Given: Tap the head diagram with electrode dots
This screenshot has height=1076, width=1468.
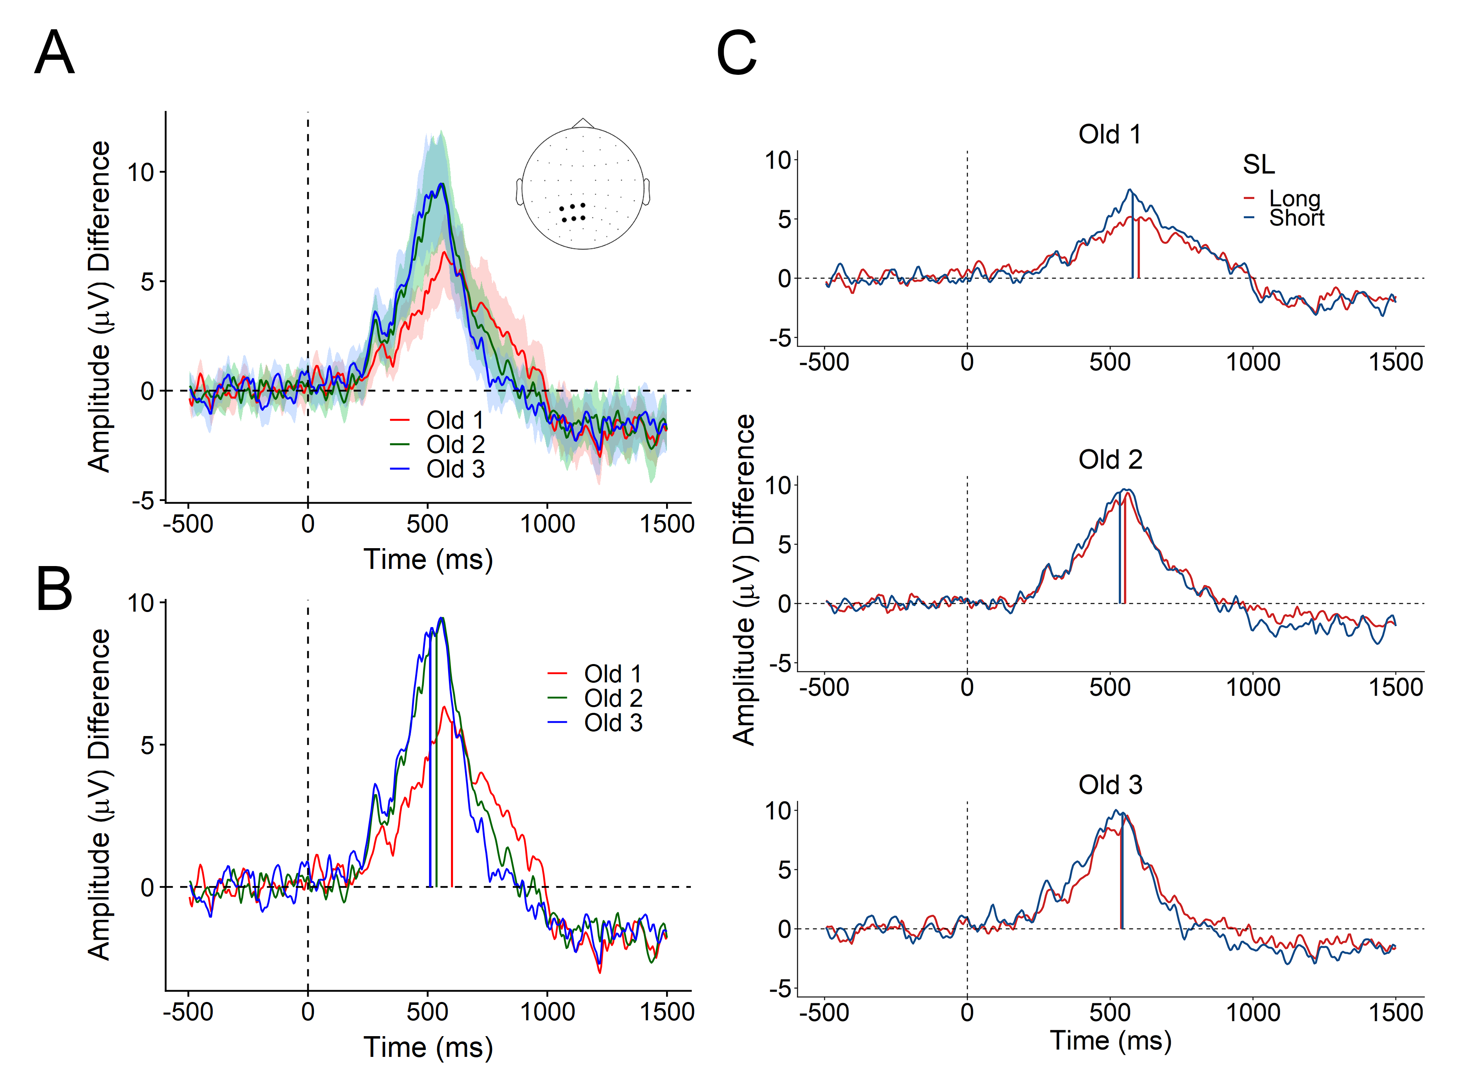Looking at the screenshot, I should coord(582,187).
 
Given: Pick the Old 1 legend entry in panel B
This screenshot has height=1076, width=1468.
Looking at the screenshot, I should coord(612,673).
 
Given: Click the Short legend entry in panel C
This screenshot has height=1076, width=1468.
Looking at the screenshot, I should coord(1296,218).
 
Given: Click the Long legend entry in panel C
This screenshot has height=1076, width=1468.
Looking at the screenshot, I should coord(1294,198).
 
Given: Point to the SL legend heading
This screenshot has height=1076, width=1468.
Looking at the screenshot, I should coord(1258,164).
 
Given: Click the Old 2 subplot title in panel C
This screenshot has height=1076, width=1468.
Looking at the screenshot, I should coord(1110,460).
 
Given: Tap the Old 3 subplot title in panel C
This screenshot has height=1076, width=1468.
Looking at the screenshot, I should coord(1110,785).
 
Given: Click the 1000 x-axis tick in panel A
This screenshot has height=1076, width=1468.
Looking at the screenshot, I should coord(547,524).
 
